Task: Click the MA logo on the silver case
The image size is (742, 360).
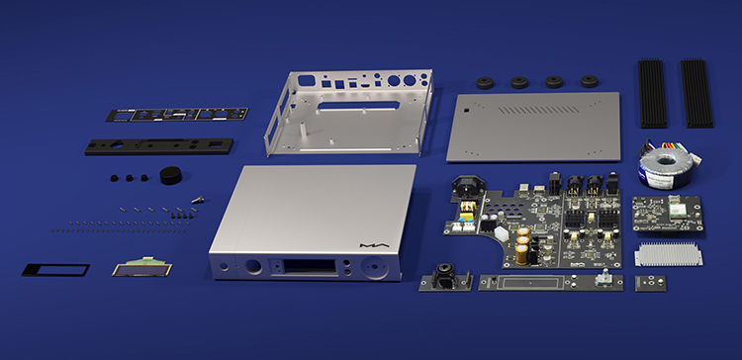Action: point(373,244)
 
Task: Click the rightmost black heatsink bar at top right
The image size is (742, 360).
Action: point(696,93)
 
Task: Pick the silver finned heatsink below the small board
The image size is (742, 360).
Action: point(672,254)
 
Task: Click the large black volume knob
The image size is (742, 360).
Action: point(173,176)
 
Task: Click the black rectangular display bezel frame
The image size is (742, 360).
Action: point(54,269)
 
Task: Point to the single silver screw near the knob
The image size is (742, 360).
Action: point(198,199)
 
